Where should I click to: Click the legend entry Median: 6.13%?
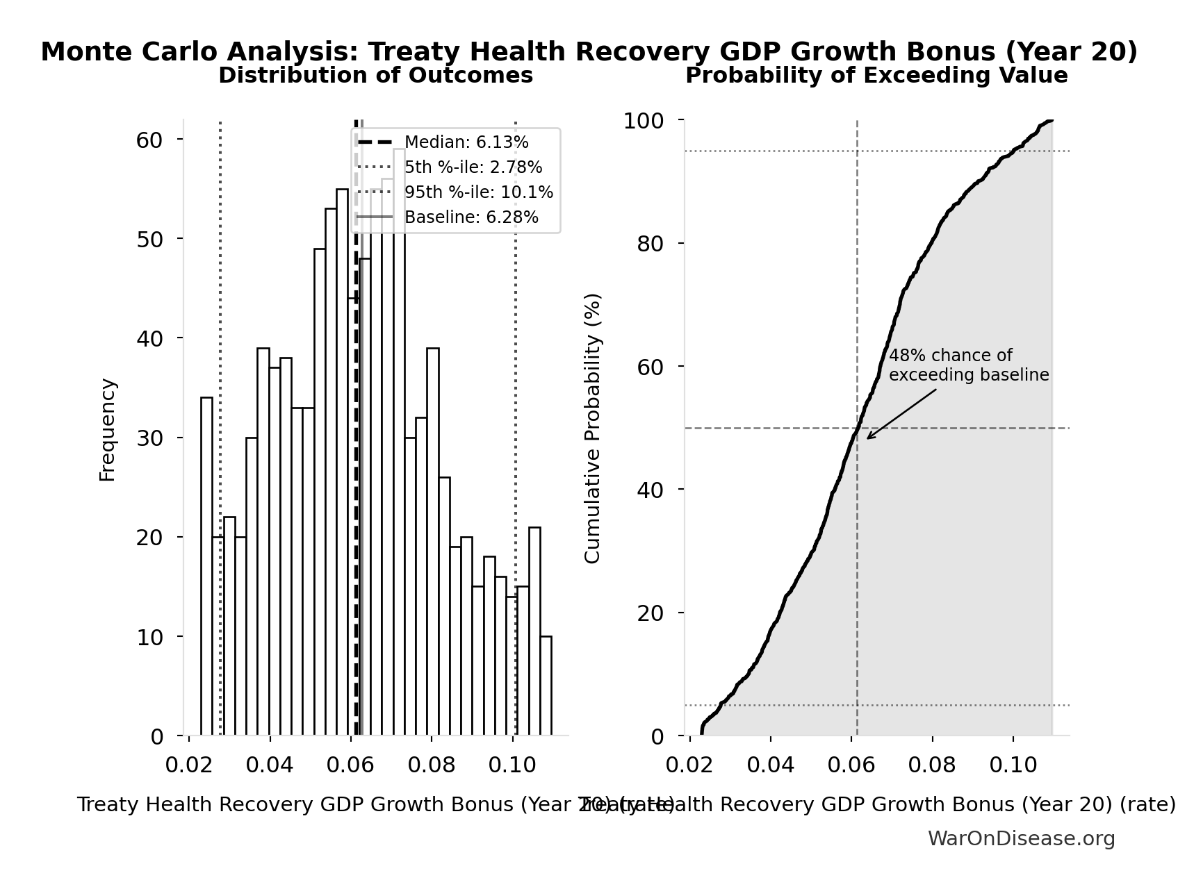466,142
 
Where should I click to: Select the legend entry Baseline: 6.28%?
471,217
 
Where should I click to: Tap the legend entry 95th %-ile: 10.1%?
478,192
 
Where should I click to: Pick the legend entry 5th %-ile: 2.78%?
473,167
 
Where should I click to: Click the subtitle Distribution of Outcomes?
375,76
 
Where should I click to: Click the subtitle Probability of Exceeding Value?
876,76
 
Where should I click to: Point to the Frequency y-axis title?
108,429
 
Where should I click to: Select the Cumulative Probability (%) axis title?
592,428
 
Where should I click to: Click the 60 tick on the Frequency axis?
149,140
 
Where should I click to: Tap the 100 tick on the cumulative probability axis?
643,121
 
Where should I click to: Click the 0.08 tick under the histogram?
431,765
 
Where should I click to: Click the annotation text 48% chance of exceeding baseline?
968,365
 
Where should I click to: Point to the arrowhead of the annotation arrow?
869,438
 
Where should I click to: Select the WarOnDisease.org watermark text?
1020,839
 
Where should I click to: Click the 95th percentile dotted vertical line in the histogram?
516,417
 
